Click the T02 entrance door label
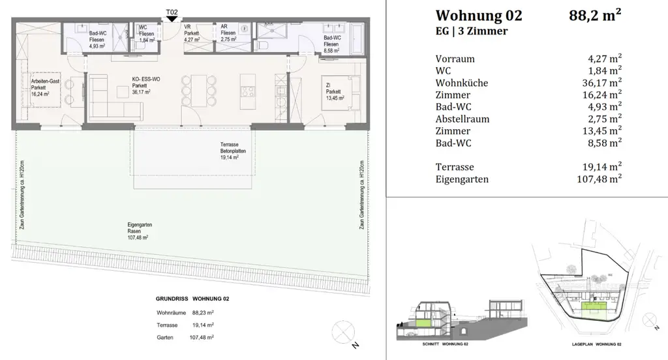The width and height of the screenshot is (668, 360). pyautogui.click(x=172, y=10)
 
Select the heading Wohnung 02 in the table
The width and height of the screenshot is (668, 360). pyautogui.click(x=478, y=15)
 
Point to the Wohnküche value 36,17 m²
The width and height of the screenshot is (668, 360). pyautogui.click(x=603, y=83)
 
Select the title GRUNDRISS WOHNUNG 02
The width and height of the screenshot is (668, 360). pyautogui.click(x=192, y=298)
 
